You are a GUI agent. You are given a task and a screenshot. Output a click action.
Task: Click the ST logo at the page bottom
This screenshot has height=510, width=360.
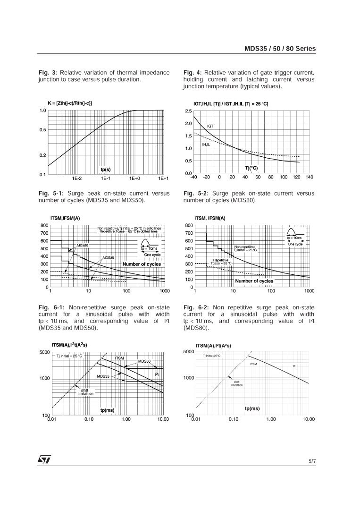click(x=45, y=459)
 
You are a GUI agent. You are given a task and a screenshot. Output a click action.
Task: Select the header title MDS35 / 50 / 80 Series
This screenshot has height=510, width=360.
click(x=280, y=49)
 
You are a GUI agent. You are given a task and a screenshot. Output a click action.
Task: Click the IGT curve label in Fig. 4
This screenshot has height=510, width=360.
click(x=210, y=126)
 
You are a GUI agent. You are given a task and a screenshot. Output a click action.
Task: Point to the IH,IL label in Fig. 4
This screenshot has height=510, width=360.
click(x=206, y=144)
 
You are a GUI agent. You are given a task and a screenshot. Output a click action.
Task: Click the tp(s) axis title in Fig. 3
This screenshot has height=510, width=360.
click(x=106, y=170)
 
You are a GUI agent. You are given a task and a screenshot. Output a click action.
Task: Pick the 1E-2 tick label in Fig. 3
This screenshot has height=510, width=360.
click(x=76, y=178)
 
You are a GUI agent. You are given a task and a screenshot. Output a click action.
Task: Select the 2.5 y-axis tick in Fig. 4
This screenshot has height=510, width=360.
click(x=188, y=111)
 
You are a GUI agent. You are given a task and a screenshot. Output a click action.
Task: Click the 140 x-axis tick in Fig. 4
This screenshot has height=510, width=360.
click(x=309, y=177)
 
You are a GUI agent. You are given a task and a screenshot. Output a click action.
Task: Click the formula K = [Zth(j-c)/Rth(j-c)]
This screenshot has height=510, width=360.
click(x=70, y=102)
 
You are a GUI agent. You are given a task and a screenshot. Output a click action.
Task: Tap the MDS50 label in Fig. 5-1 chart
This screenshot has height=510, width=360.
click(x=83, y=245)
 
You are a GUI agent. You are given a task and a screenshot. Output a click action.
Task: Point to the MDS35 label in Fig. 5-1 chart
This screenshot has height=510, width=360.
click(x=109, y=258)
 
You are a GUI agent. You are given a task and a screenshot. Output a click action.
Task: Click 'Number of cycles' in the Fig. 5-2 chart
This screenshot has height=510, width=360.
click(x=254, y=281)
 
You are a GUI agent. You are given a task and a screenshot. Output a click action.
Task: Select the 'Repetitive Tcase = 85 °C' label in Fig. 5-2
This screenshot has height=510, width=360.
click(x=221, y=261)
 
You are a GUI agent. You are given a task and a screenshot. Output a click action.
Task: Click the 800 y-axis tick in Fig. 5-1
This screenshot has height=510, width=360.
click(x=44, y=225)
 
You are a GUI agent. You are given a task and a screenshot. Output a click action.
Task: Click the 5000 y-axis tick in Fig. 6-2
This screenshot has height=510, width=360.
click(x=188, y=352)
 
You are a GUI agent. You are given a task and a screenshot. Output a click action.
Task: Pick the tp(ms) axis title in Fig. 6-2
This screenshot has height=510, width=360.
click(x=252, y=408)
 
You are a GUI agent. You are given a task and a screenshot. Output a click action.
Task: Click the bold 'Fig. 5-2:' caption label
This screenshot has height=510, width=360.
click(x=196, y=193)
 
